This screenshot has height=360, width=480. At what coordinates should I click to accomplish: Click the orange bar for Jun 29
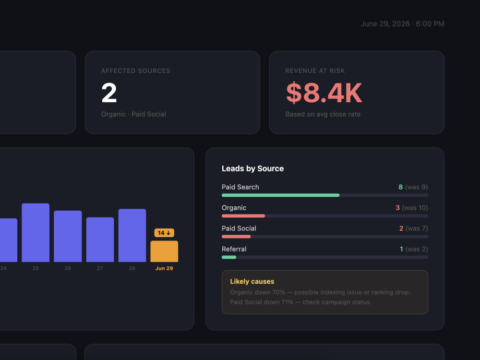point(164,252)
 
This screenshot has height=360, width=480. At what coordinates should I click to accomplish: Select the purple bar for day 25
point(36,233)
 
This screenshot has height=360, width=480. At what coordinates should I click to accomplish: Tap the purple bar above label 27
point(100,240)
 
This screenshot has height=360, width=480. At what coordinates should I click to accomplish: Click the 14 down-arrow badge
point(164,233)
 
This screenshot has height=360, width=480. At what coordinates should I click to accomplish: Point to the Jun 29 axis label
point(164,268)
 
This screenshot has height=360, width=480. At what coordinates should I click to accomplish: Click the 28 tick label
point(132,268)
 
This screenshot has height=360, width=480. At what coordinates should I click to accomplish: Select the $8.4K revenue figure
point(324,93)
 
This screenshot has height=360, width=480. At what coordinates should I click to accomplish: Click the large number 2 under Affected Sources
point(109,93)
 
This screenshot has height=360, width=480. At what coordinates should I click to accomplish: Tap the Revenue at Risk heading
point(315,71)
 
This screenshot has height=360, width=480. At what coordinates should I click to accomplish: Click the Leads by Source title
point(252,168)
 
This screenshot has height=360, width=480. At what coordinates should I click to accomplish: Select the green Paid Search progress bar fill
point(280,195)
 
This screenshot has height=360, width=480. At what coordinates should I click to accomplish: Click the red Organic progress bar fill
point(243,216)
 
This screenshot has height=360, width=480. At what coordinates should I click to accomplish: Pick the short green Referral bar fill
point(228,257)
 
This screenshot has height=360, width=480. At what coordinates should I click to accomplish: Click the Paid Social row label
point(239,228)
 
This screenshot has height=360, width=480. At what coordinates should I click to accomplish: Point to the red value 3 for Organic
point(397,208)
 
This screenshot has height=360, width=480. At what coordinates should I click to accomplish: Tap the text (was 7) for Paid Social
point(417,228)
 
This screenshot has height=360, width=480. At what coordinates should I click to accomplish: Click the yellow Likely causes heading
point(252,282)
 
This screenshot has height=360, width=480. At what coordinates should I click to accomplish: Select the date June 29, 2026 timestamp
point(385,24)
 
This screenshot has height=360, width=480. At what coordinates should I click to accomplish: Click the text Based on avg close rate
point(323,114)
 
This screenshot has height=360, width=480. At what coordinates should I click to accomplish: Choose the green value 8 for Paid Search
point(400,187)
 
